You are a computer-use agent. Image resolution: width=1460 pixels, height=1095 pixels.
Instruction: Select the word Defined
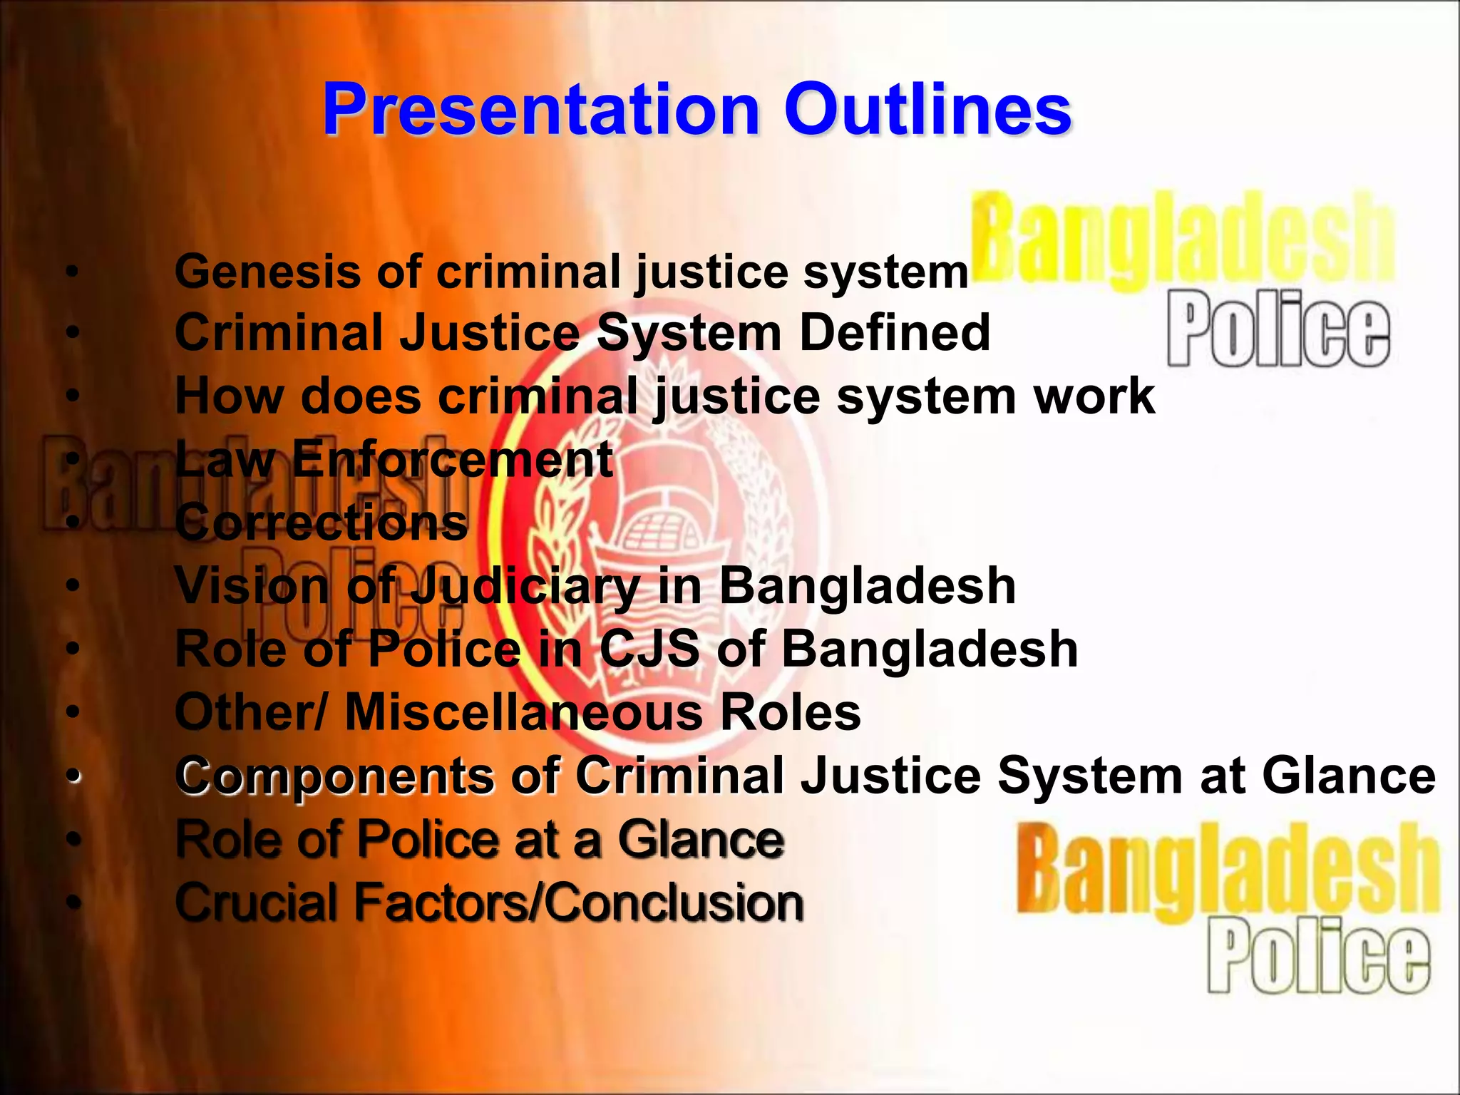[895, 333]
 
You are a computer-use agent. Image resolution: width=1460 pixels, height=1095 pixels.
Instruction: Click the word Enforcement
[452, 459]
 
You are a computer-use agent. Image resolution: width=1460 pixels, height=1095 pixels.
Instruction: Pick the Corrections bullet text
[322, 523]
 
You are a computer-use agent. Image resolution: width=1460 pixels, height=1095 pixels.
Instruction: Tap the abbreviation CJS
[649, 649]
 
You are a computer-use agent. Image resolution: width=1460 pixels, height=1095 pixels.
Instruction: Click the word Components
[335, 776]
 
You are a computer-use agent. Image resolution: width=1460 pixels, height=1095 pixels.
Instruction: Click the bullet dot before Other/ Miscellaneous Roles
[71, 713]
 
